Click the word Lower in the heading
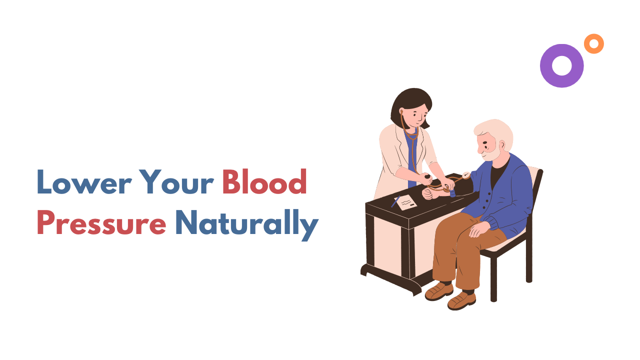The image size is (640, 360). (x=84, y=182)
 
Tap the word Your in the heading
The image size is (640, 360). (x=176, y=182)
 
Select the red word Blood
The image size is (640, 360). (x=264, y=181)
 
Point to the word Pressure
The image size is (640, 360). (x=101, y=222)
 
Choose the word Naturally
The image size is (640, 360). (x=247, y=224)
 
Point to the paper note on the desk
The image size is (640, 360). (x=405, y=202)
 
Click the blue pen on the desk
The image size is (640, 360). (x=395, y=201)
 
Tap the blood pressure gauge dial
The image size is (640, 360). (x=466, y=175)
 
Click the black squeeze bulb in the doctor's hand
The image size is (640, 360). (x=427, y=177)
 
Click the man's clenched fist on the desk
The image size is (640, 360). (x=427, y=193)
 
